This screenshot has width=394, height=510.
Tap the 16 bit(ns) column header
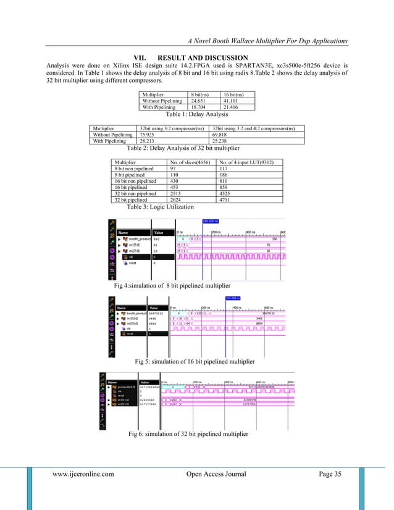(x=235, y=94)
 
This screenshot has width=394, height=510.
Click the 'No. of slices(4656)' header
(x=188, y=162)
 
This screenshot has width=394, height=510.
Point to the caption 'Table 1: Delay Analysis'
(x=197, y=114)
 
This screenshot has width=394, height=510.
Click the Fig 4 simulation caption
(x=172, y=286)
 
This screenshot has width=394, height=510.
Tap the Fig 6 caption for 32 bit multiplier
(x=188, y=435)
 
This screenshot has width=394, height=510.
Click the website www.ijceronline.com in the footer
(x=83, y=474)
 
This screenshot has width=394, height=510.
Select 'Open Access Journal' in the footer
(x=216, y=474)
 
